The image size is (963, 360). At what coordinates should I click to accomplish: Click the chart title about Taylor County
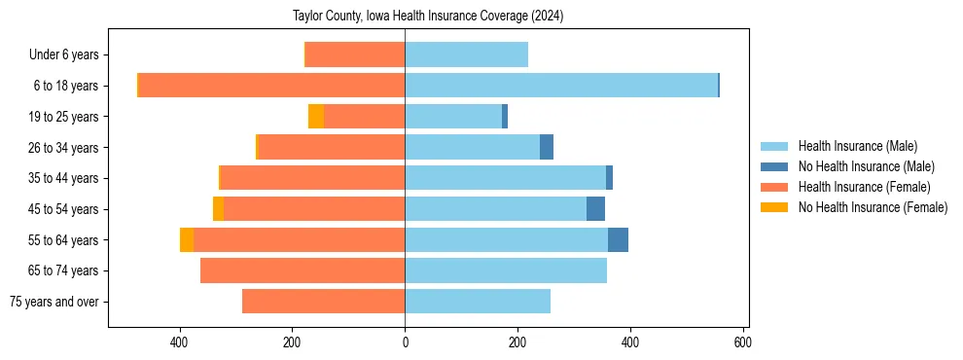point(428,17)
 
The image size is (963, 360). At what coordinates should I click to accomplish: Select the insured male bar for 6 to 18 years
point(561,86)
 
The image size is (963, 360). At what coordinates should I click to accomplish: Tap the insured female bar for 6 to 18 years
point(271,86)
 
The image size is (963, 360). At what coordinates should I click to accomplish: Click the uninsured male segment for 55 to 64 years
point(618,239)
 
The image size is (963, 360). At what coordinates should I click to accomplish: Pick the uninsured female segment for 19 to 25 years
point(316,117)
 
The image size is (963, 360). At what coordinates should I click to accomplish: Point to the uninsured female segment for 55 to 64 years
point(187,239)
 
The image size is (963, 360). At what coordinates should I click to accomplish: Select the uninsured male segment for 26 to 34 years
point(547,147)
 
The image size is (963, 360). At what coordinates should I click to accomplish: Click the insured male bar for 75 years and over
point(478,302)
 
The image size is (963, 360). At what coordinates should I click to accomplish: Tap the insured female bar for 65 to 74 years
point(303,270)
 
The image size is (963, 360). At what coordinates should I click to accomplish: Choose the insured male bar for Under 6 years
point(467,54)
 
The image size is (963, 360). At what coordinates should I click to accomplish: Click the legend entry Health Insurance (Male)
point(857,146)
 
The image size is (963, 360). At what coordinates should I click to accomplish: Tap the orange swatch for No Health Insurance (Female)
point(774,207)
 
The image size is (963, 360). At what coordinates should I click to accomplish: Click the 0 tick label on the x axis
point(405,342)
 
